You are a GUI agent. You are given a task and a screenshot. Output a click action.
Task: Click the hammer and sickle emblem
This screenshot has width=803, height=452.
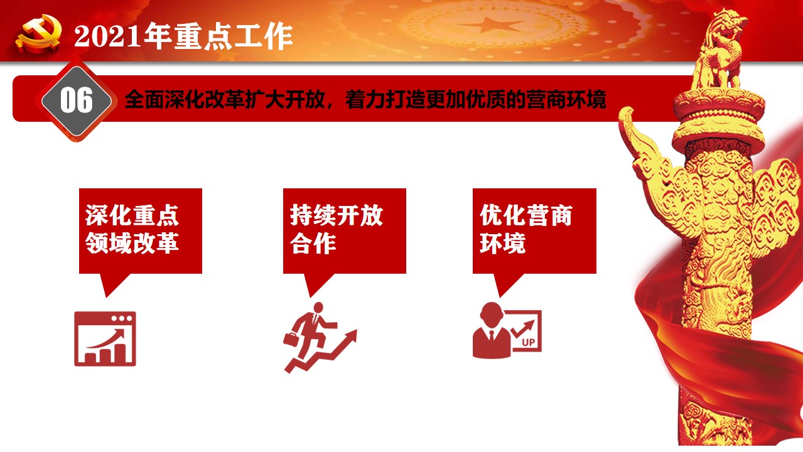click(38, 34)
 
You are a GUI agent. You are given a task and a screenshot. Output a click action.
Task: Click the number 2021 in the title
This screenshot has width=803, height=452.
click(108, 36)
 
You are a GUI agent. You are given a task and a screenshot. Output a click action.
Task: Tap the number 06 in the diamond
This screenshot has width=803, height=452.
click(77, 100)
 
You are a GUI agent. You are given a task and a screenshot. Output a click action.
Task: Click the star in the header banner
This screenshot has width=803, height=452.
click(490, 25)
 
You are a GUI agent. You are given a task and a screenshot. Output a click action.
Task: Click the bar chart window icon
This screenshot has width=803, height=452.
click(105, 339)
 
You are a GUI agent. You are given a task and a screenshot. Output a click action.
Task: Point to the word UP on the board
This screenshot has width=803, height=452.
click(529, 342)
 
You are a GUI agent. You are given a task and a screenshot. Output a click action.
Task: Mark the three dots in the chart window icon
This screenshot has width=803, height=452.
click(122, 318)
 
